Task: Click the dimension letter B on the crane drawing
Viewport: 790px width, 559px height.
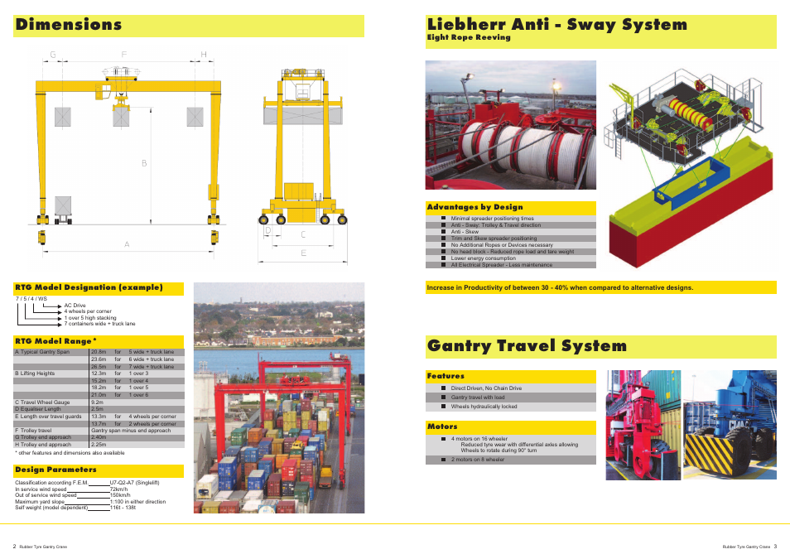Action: pos(143,163)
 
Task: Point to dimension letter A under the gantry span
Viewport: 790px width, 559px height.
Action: pos(127,244)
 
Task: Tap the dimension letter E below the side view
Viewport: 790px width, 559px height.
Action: pos(303,253)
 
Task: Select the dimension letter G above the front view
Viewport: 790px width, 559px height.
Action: pos(52,55)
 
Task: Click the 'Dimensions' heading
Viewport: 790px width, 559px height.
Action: pos(69,25)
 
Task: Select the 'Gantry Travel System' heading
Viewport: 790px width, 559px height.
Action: pos(527,346)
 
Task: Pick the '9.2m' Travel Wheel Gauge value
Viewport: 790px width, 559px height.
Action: pos(98,402)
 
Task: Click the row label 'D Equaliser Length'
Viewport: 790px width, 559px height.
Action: pos(37,409)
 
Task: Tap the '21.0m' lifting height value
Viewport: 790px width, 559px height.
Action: pos(99,395)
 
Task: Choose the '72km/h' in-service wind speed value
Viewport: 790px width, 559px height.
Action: pos(119,489)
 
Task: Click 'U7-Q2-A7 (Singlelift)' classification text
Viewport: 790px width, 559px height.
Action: pos(134,483)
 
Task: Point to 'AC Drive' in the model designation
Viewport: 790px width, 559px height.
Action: pos(75,306)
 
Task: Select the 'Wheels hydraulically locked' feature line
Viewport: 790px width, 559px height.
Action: pos(484,407)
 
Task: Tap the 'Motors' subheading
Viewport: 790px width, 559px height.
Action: pos(442,427)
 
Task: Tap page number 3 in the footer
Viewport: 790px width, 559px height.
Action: pos(775,547)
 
